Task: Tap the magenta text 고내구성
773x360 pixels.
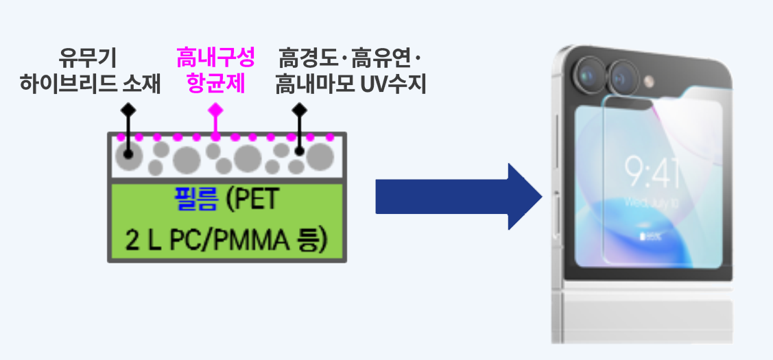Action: (x=215, y=58)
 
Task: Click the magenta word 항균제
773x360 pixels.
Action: (x=215, y=84)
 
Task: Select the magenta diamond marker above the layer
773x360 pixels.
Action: (x=215, y=110)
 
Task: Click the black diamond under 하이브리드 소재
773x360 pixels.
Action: (x=128, y=110)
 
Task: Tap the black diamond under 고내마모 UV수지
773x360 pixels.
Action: (x=299, y=110)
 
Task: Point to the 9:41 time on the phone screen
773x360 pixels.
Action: (x=652, y=171)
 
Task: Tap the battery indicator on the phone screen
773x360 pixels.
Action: (x=648, y=237)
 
